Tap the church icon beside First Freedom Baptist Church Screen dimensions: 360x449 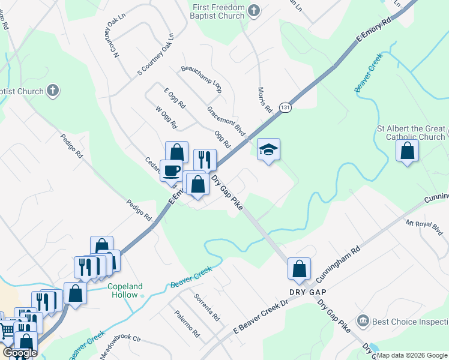click(254, 10)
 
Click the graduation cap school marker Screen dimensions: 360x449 click(269, 150)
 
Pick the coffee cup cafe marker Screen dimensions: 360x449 click(171, 170)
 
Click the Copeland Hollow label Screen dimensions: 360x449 click(125, 290)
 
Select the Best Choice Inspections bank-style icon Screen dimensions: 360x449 click(363, 320)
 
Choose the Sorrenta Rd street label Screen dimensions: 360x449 click(206, 307)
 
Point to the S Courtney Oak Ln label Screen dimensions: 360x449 click(155, 55)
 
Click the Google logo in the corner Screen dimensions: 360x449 click(20, 353)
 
